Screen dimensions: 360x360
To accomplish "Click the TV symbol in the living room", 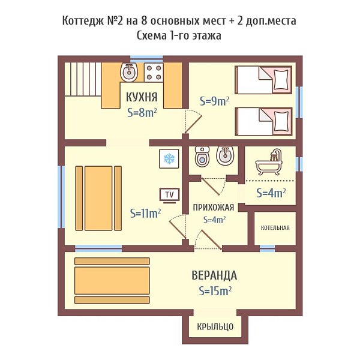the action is coord(169,196).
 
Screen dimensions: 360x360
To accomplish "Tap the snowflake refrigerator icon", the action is coord(169,158).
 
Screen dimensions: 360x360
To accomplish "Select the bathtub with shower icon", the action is coord(269,163).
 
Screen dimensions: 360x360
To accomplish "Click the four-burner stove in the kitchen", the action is coord(154,73).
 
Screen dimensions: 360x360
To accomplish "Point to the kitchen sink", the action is coord(129,73).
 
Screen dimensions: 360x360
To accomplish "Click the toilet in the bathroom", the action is coord(202,156).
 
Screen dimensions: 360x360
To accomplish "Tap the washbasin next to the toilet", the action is coord(225,155).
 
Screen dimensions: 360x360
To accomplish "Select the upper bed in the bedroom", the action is coord(263,80).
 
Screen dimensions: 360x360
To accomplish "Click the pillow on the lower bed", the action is coord(281,121).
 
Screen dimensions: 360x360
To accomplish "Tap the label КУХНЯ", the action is coord(142,97).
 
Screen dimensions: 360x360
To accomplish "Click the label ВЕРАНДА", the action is coord(214,275).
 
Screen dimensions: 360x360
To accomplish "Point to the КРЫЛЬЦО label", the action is coord(215,326).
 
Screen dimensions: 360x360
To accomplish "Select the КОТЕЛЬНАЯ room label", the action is coord(275,228).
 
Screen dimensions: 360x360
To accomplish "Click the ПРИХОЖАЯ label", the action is coord(213,208).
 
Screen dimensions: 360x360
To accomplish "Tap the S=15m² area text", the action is coord(215,291).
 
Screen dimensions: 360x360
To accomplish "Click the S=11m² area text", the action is coord(145,213).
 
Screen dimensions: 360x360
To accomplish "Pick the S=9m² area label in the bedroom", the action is coord(214,101).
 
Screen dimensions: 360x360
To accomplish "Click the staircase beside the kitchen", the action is coord(83,79).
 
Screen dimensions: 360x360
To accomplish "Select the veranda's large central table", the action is coord(112,280).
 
